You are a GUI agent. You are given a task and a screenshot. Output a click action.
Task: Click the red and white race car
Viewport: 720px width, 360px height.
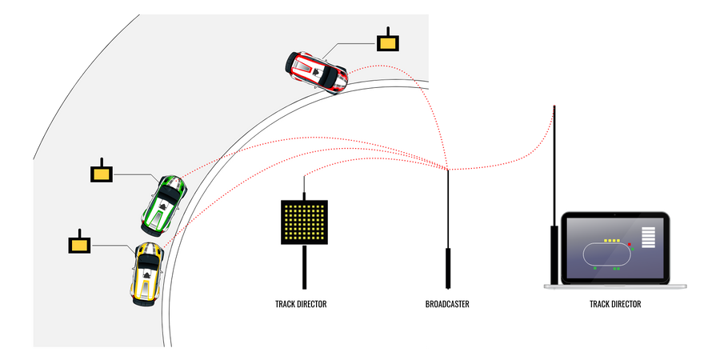(318, 71)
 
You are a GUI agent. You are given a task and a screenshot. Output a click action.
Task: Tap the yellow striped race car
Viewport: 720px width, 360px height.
(146, 273)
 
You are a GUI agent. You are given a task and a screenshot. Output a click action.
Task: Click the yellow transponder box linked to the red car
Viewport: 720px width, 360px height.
(389, 42)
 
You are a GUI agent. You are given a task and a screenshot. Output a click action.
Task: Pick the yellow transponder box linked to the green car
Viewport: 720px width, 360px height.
(102, 173)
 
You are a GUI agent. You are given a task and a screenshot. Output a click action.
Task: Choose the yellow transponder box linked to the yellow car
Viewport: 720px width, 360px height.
(78, 244)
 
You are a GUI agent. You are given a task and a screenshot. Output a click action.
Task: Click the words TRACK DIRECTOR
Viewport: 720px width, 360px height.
(301, 304)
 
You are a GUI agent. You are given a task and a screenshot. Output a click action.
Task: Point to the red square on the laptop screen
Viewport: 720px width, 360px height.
(630, 244)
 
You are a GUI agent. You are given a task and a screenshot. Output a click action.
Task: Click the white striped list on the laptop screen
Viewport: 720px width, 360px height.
(648, 238)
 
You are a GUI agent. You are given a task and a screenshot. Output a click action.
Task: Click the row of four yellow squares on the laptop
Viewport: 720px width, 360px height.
(612, 239)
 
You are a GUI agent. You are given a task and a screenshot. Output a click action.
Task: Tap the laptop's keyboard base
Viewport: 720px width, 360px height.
(614, 286)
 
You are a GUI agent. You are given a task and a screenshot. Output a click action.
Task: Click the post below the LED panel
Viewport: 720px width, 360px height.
(304, 266)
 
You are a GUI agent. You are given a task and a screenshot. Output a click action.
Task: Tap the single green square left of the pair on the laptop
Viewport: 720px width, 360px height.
(594, 269)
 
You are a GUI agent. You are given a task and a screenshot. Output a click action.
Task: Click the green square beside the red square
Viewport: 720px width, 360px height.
(633, 249)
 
